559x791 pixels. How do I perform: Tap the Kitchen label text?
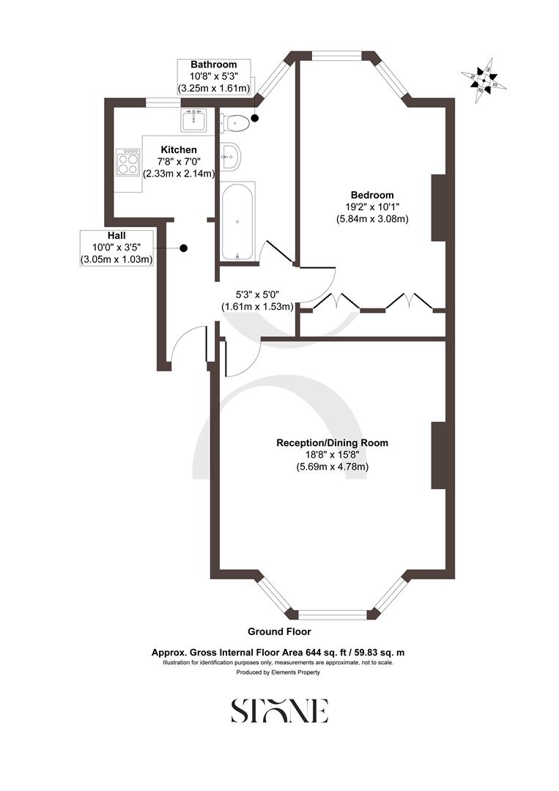[179, 149]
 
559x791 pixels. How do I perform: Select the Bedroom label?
[371, 195]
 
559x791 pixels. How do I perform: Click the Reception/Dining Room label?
[332, 442]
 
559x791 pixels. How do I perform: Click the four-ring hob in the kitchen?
[127, 162]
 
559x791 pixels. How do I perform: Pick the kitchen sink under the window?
[194, 119]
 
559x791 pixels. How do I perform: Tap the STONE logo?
[279, 710]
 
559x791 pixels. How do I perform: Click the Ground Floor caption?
[279, 631]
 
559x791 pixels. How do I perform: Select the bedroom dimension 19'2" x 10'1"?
[371, 207]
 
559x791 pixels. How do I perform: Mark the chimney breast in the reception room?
[438, 455]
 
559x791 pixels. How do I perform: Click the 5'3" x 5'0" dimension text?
[257, 295]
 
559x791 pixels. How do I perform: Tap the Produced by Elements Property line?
[279, 672]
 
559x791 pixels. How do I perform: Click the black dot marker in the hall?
[184, 248]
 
